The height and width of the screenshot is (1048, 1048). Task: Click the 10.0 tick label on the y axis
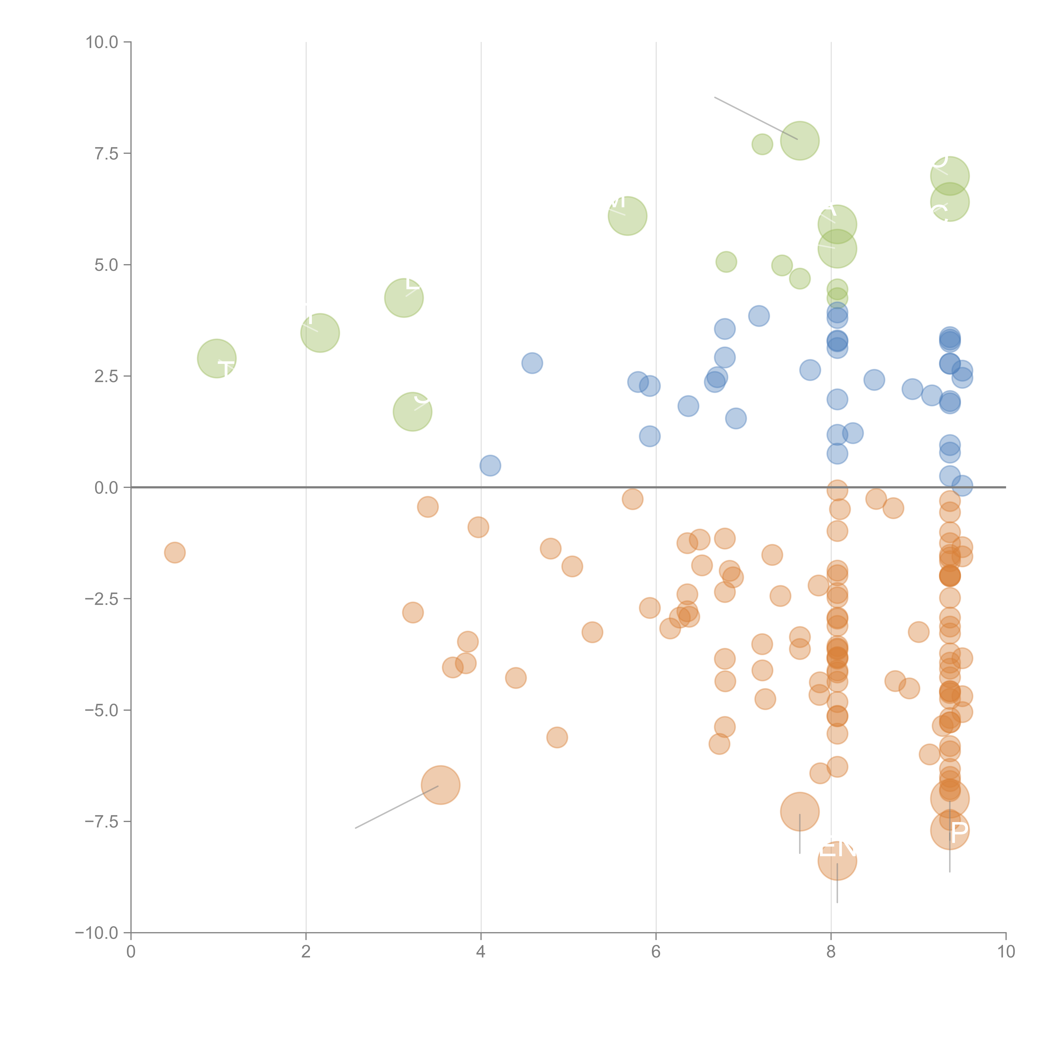pos(102,42)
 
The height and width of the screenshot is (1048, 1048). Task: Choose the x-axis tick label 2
pos(306,951)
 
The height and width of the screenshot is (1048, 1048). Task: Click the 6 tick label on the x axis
pos(656,951)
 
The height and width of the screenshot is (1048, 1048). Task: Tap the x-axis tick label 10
pos(1006,951)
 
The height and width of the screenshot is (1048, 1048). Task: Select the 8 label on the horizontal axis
pos(831,951)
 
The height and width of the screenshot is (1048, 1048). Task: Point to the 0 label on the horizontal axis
pos(131,951)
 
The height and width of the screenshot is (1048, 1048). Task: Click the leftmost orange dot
pos(175,553)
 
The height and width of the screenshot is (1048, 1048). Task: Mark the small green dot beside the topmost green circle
pos(762,144)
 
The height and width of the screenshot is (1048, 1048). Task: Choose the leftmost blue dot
pos(490,465)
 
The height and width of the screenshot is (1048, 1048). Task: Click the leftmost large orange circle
pos(440,785)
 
